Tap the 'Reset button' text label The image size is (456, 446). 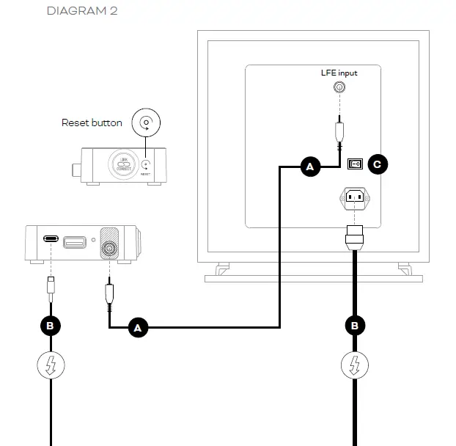pos(92,123)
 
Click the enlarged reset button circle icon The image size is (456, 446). pos(147,123)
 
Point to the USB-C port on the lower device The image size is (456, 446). pos(51,239)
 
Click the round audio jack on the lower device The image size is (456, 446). pos(109,249)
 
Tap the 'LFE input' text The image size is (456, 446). pos(339,73)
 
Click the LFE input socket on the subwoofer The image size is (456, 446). pos(339,87)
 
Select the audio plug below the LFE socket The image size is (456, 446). pos(339,131)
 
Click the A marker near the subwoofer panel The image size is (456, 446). pos(309,167)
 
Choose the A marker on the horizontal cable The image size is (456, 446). pos(137,327)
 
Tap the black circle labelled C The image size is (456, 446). pos(377,164)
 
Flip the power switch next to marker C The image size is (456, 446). pos(355,164)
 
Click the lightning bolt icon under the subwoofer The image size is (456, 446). pos(355,365)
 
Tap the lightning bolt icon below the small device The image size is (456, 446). pos(50,365)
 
